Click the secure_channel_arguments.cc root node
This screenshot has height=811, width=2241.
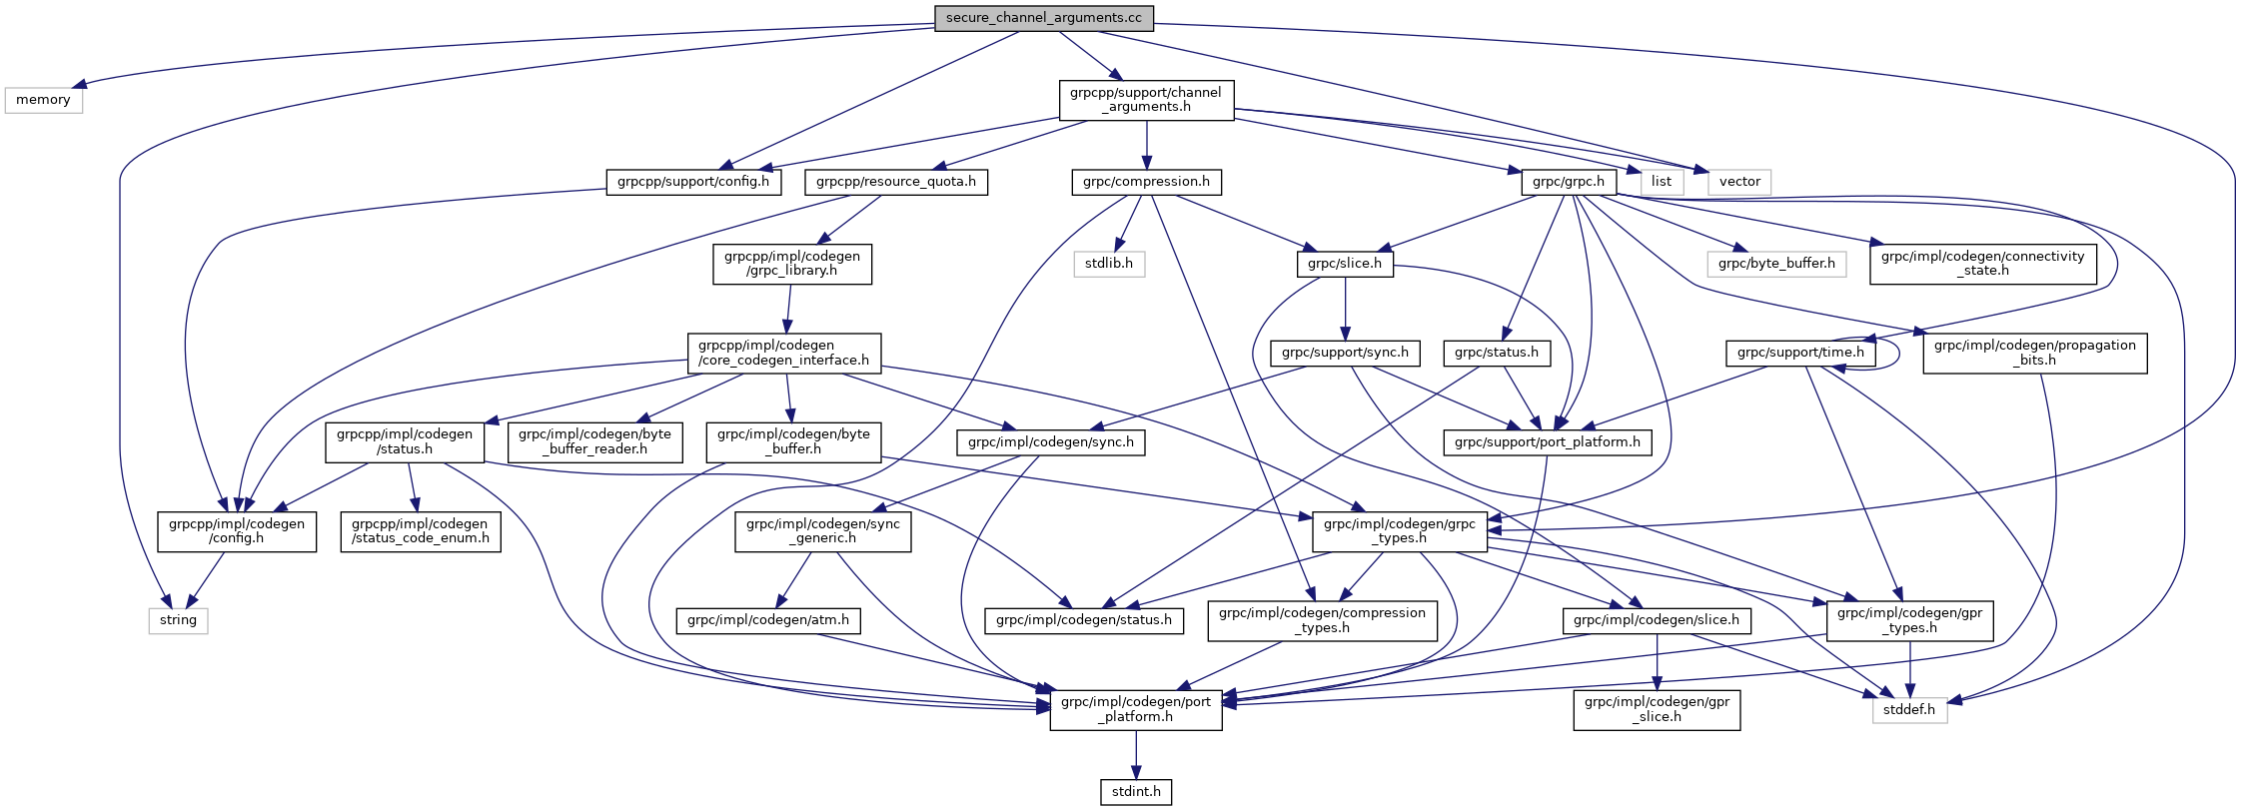[1043, 18]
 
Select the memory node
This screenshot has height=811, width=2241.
[43, 100]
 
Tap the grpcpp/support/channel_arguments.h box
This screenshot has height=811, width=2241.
[1146, 100]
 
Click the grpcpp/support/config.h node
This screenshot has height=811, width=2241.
[693, 182]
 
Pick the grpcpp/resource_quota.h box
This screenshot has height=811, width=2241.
[896, 182]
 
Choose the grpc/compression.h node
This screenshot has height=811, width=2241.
[1147, 182]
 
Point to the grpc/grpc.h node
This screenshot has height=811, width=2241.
[1569, 182]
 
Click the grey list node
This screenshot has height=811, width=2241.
[1662, 182]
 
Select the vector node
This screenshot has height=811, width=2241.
[1739, 182]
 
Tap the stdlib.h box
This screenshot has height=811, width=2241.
[1109, 264]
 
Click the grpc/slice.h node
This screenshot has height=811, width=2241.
[1345, 264]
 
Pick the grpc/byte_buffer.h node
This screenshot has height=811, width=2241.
[1776, 264]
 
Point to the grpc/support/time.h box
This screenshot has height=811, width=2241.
[1800, 353]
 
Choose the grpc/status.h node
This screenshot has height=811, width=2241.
[1497, 353]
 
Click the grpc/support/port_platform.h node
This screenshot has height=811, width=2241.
[1548, 442]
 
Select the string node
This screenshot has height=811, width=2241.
[178, 620]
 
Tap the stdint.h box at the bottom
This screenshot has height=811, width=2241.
[1136, 792]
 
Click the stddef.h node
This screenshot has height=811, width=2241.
[1909, 710]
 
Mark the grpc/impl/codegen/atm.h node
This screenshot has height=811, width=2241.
[768, 620]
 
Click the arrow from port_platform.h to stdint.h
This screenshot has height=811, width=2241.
[1136, 755]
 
